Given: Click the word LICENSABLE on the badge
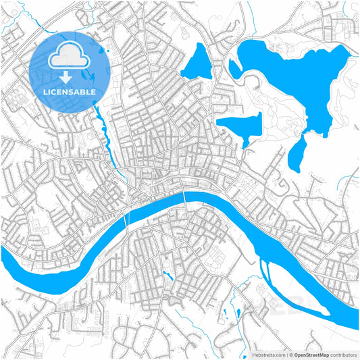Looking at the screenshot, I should [x=70, y=91].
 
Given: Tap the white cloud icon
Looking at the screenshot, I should [x=70, y=55].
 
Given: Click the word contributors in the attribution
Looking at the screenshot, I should [x=343, y=354].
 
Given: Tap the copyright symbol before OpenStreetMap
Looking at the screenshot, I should [x=290, y=354].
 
